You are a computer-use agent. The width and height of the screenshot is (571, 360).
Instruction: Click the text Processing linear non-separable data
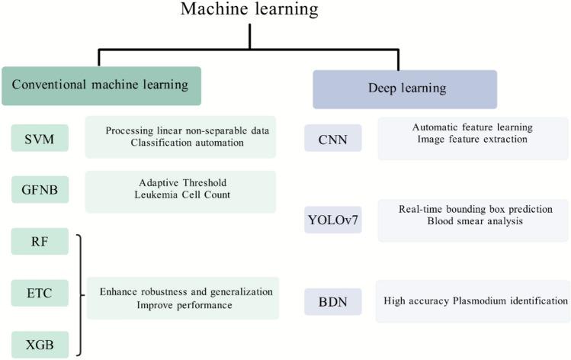pos(187,130)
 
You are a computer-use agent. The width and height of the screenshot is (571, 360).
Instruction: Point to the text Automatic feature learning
pos(472,127)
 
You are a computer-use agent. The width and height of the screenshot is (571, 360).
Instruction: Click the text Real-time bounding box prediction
pos(473,209)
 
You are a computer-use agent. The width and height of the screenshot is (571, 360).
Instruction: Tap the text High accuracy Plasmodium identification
pos(476,301)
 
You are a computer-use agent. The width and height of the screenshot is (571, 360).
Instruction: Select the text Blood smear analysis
pos(473,221)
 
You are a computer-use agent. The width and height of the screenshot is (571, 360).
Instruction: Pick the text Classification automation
pos(187,143)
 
